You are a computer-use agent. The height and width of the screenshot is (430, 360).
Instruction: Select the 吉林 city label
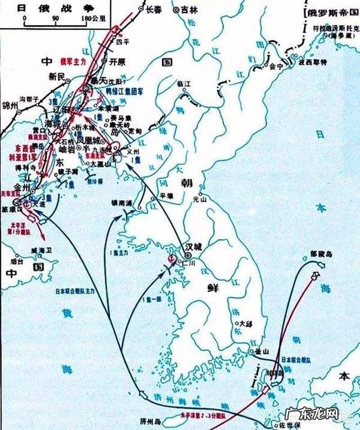pyautogui.click(x=194, y=10)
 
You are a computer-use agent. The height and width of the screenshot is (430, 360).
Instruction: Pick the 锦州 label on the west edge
pyautogui.click(x=9, y=105)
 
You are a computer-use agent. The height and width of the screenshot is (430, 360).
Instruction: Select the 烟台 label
pyautogui.click(x=16, y=261)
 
